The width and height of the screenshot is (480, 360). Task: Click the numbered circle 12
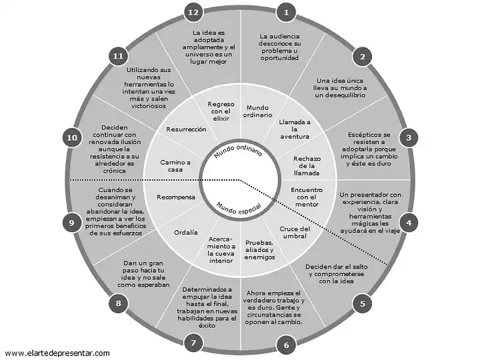pos(193,13)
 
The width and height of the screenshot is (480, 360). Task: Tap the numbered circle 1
pos(286,13)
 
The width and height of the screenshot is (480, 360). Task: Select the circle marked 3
pos(409,138)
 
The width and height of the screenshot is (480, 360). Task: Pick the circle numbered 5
pos(363,304)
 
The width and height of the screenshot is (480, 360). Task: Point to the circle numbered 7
pos(193,343)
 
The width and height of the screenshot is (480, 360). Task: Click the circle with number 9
pos(72,223)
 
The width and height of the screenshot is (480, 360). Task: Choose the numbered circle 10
pos(72,138)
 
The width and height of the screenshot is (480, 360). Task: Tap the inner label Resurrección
pos(186,129)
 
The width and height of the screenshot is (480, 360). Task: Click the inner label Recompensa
pos(176,197)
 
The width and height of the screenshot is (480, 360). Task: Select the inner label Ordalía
pos(186,233)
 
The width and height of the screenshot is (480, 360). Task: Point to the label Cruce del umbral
pos(295,233)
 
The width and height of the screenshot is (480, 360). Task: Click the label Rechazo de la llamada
pos(307,166)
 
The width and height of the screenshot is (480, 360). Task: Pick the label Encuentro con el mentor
pos(307,197)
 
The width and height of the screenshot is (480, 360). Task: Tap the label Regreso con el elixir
pos(221,111)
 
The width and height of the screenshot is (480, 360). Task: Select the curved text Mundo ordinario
pos(238,150)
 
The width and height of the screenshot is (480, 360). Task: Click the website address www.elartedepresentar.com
pos(57,353)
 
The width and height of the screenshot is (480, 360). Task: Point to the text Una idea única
pos(340,81)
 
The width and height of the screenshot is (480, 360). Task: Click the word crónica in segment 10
pos(114,171)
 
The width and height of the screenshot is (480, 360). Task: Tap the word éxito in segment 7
pos(207,326)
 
